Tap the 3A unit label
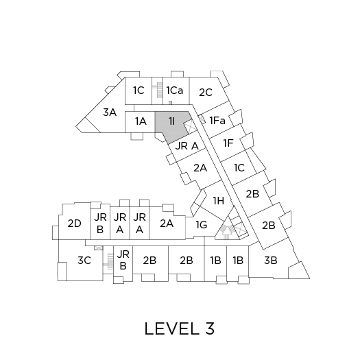point(110,112)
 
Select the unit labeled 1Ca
point(175,91)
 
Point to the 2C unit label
point(206,93)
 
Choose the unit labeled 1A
point(141,121)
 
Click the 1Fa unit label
point(217,121)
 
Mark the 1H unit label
point(219,201)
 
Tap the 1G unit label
point(202,225)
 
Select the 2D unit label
point(74,224)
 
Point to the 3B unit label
point(271,261)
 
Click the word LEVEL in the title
point(171,328)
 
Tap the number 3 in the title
point(209,328)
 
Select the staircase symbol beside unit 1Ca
point(158,91)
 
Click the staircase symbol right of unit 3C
point(109,261)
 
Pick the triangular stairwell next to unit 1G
point(226,230)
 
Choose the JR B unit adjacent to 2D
point(100,224)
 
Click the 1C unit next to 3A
point(139,91)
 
